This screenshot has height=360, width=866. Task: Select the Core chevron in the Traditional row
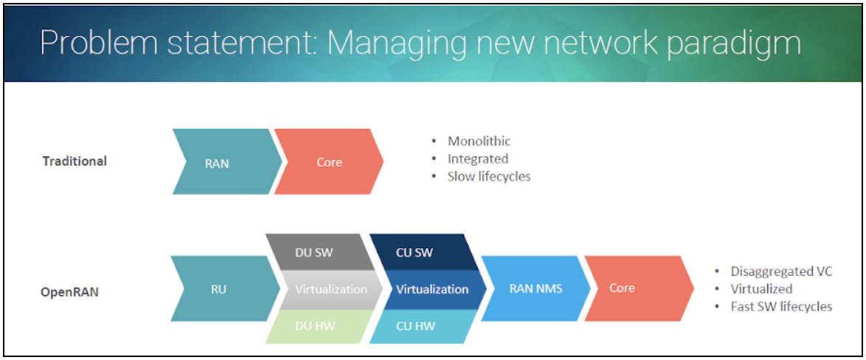point(329,162)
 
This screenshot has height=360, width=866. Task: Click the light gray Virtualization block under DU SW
point(330,289)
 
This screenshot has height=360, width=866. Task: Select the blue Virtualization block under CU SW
point(432,289)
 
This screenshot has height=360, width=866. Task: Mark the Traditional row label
point(75,161)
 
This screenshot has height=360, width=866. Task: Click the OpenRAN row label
point(69,291)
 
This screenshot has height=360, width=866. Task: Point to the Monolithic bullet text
point(479,141)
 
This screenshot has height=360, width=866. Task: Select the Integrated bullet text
point(477,159)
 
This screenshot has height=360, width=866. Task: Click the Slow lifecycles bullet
point(488,176)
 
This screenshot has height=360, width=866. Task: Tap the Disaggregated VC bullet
point(781,271)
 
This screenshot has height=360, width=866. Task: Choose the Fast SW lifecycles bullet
point(781,306)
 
